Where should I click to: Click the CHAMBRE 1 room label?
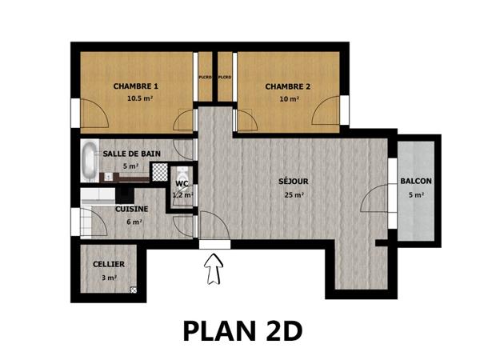tap(135, 86)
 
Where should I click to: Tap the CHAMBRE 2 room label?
tap(288, 86)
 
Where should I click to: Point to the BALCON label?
tap(416, 182)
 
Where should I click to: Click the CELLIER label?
tap(109, 263)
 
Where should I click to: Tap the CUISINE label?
tap(131, 209)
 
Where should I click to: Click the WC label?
tap(182, 183)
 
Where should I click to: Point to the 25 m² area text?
tap(294, 194)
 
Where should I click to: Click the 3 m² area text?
tap(110, 278)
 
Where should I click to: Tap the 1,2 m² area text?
tap(182, 194)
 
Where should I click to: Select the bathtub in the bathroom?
tap(87, 162)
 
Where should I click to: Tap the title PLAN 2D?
tap(242, 330)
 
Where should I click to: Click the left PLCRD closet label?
tap(206, 78)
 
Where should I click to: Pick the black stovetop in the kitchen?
tap(125, 194)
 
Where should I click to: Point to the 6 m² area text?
tap(134, 222)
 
